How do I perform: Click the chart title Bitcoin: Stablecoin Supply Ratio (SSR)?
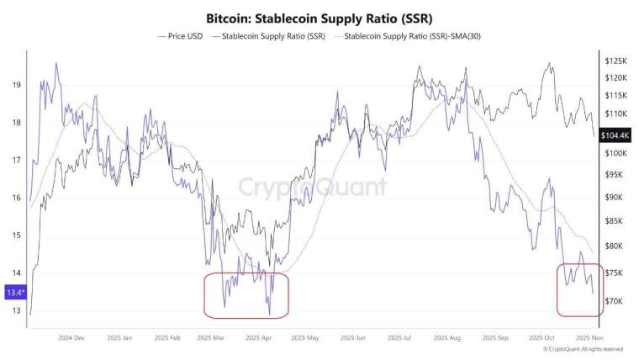point(319,17)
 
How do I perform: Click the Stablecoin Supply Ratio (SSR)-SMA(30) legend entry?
point(408,36)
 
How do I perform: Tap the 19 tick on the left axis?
point(17,85)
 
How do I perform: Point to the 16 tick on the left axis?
point(17,198)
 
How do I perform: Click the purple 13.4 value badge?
point(16,292)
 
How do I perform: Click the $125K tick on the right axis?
point(616,61)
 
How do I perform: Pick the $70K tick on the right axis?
point(615,300)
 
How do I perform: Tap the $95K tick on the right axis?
point(615,175)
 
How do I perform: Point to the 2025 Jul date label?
point(400,338)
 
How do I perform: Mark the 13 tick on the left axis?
point(17,310)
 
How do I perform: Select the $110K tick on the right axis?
point(616,113)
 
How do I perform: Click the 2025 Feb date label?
point(168,338)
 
